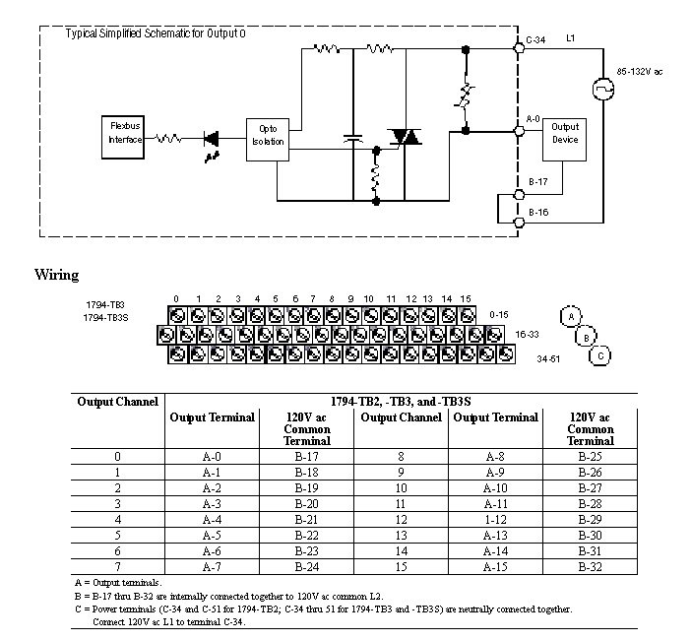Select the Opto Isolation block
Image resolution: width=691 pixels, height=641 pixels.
click(x=269, y=135)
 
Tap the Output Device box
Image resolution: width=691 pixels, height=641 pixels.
click(x=565, y=133)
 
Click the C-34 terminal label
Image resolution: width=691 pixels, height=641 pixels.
click(x=535, y=40)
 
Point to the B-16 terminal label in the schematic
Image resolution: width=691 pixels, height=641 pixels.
click(x=537, y=213)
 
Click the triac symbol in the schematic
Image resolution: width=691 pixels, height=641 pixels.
click(x=404, y=137)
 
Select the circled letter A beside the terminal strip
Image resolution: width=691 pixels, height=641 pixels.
click(x=569, y=316)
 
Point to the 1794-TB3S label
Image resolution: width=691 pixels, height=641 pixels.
click(x=105, y=318)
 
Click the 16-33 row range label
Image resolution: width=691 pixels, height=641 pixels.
click(x=527, y=335)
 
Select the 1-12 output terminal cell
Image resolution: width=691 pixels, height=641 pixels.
click(x=495, y=519)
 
